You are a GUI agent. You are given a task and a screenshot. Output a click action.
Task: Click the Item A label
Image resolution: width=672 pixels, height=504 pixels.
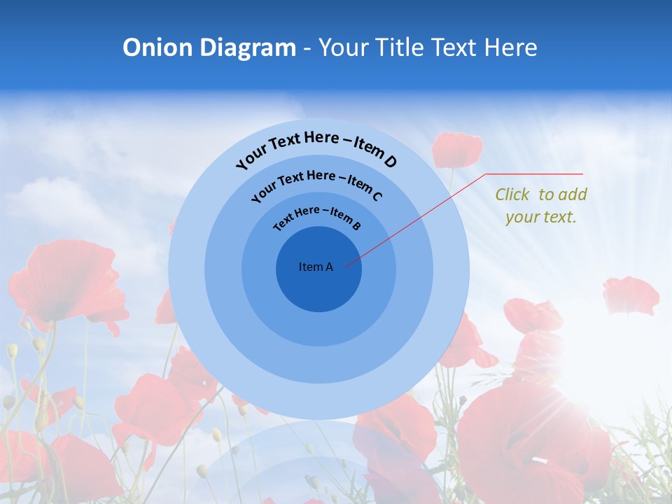316,267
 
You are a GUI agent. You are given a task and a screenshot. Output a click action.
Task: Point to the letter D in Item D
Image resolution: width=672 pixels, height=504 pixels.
389,162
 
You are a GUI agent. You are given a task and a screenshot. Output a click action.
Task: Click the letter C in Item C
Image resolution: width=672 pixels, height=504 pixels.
377,195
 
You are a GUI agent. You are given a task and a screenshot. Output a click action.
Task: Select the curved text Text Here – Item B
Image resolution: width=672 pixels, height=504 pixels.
317,216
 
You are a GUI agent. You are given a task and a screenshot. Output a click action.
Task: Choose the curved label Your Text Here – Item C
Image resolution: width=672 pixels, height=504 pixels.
316,183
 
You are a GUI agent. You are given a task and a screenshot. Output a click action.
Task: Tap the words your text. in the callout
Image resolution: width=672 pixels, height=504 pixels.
540,217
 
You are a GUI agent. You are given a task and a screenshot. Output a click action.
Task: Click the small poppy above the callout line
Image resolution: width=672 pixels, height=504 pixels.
457,149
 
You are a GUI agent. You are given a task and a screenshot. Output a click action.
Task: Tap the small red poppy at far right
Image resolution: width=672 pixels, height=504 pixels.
631,295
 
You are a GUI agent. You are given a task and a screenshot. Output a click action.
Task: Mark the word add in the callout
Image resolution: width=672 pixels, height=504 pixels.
572,195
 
